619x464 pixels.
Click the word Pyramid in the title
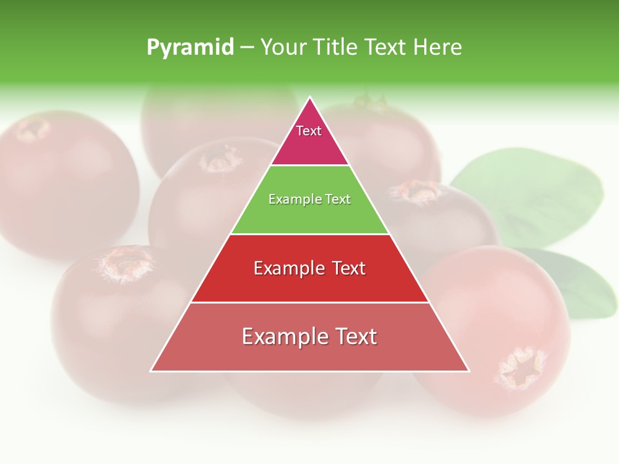pyautogui.click(x=190, y=48)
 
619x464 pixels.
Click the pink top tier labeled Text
pyautogui.click(x=309, y=139)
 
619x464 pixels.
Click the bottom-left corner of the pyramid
pyautogui.click(x=152, y=371)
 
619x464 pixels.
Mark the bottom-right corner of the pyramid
pyautogui.click(x=469, y=371)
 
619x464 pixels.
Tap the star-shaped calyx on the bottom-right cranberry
pyautogui.click(x=520, y=367)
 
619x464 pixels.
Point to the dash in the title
pyautogui.click(x=246, y=48)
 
